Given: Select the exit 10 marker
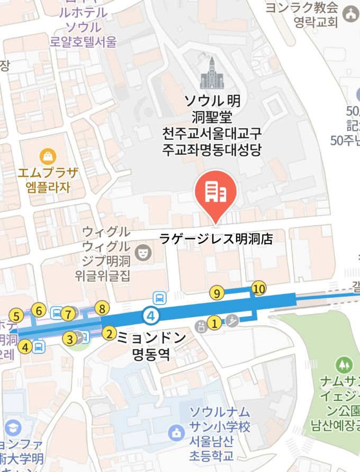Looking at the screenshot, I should (258, 288).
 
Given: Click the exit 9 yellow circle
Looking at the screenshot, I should (217, 292).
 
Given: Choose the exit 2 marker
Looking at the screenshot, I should (109, 333).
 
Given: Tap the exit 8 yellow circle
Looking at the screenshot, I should (102, 308).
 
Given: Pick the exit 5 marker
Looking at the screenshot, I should (16, 316).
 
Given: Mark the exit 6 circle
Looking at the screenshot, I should (39, 310).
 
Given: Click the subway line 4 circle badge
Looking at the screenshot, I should (151, 316).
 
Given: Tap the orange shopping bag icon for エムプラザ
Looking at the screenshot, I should (48, 156).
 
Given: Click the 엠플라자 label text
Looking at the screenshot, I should (48, 187).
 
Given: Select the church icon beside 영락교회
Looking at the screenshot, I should (350, 15).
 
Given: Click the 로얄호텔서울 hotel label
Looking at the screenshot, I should (83, 42).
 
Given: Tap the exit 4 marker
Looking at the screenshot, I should (25, 347).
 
